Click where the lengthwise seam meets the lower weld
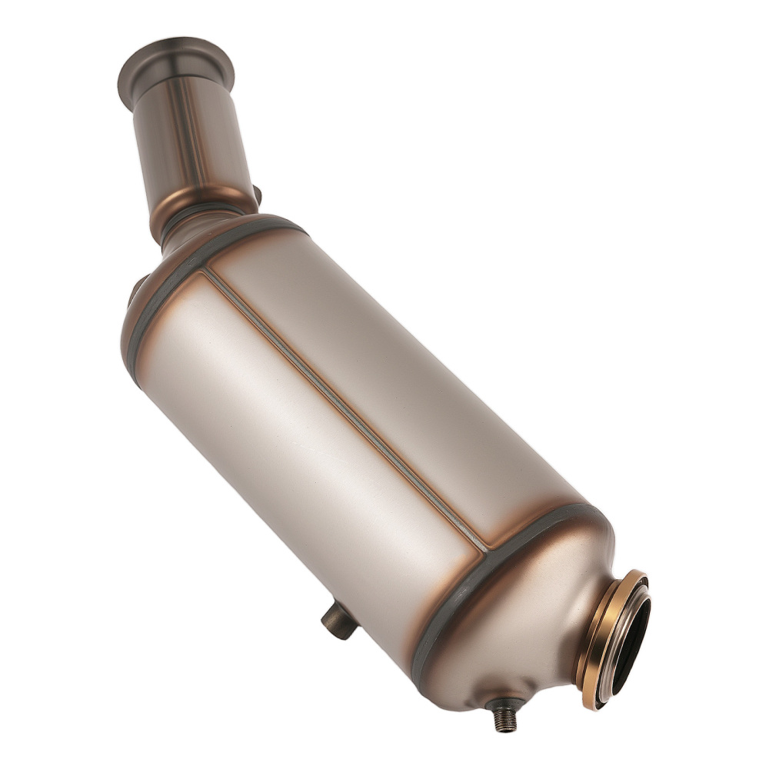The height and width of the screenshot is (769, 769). point(486,549)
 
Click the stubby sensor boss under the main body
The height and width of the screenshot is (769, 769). point(338,620)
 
